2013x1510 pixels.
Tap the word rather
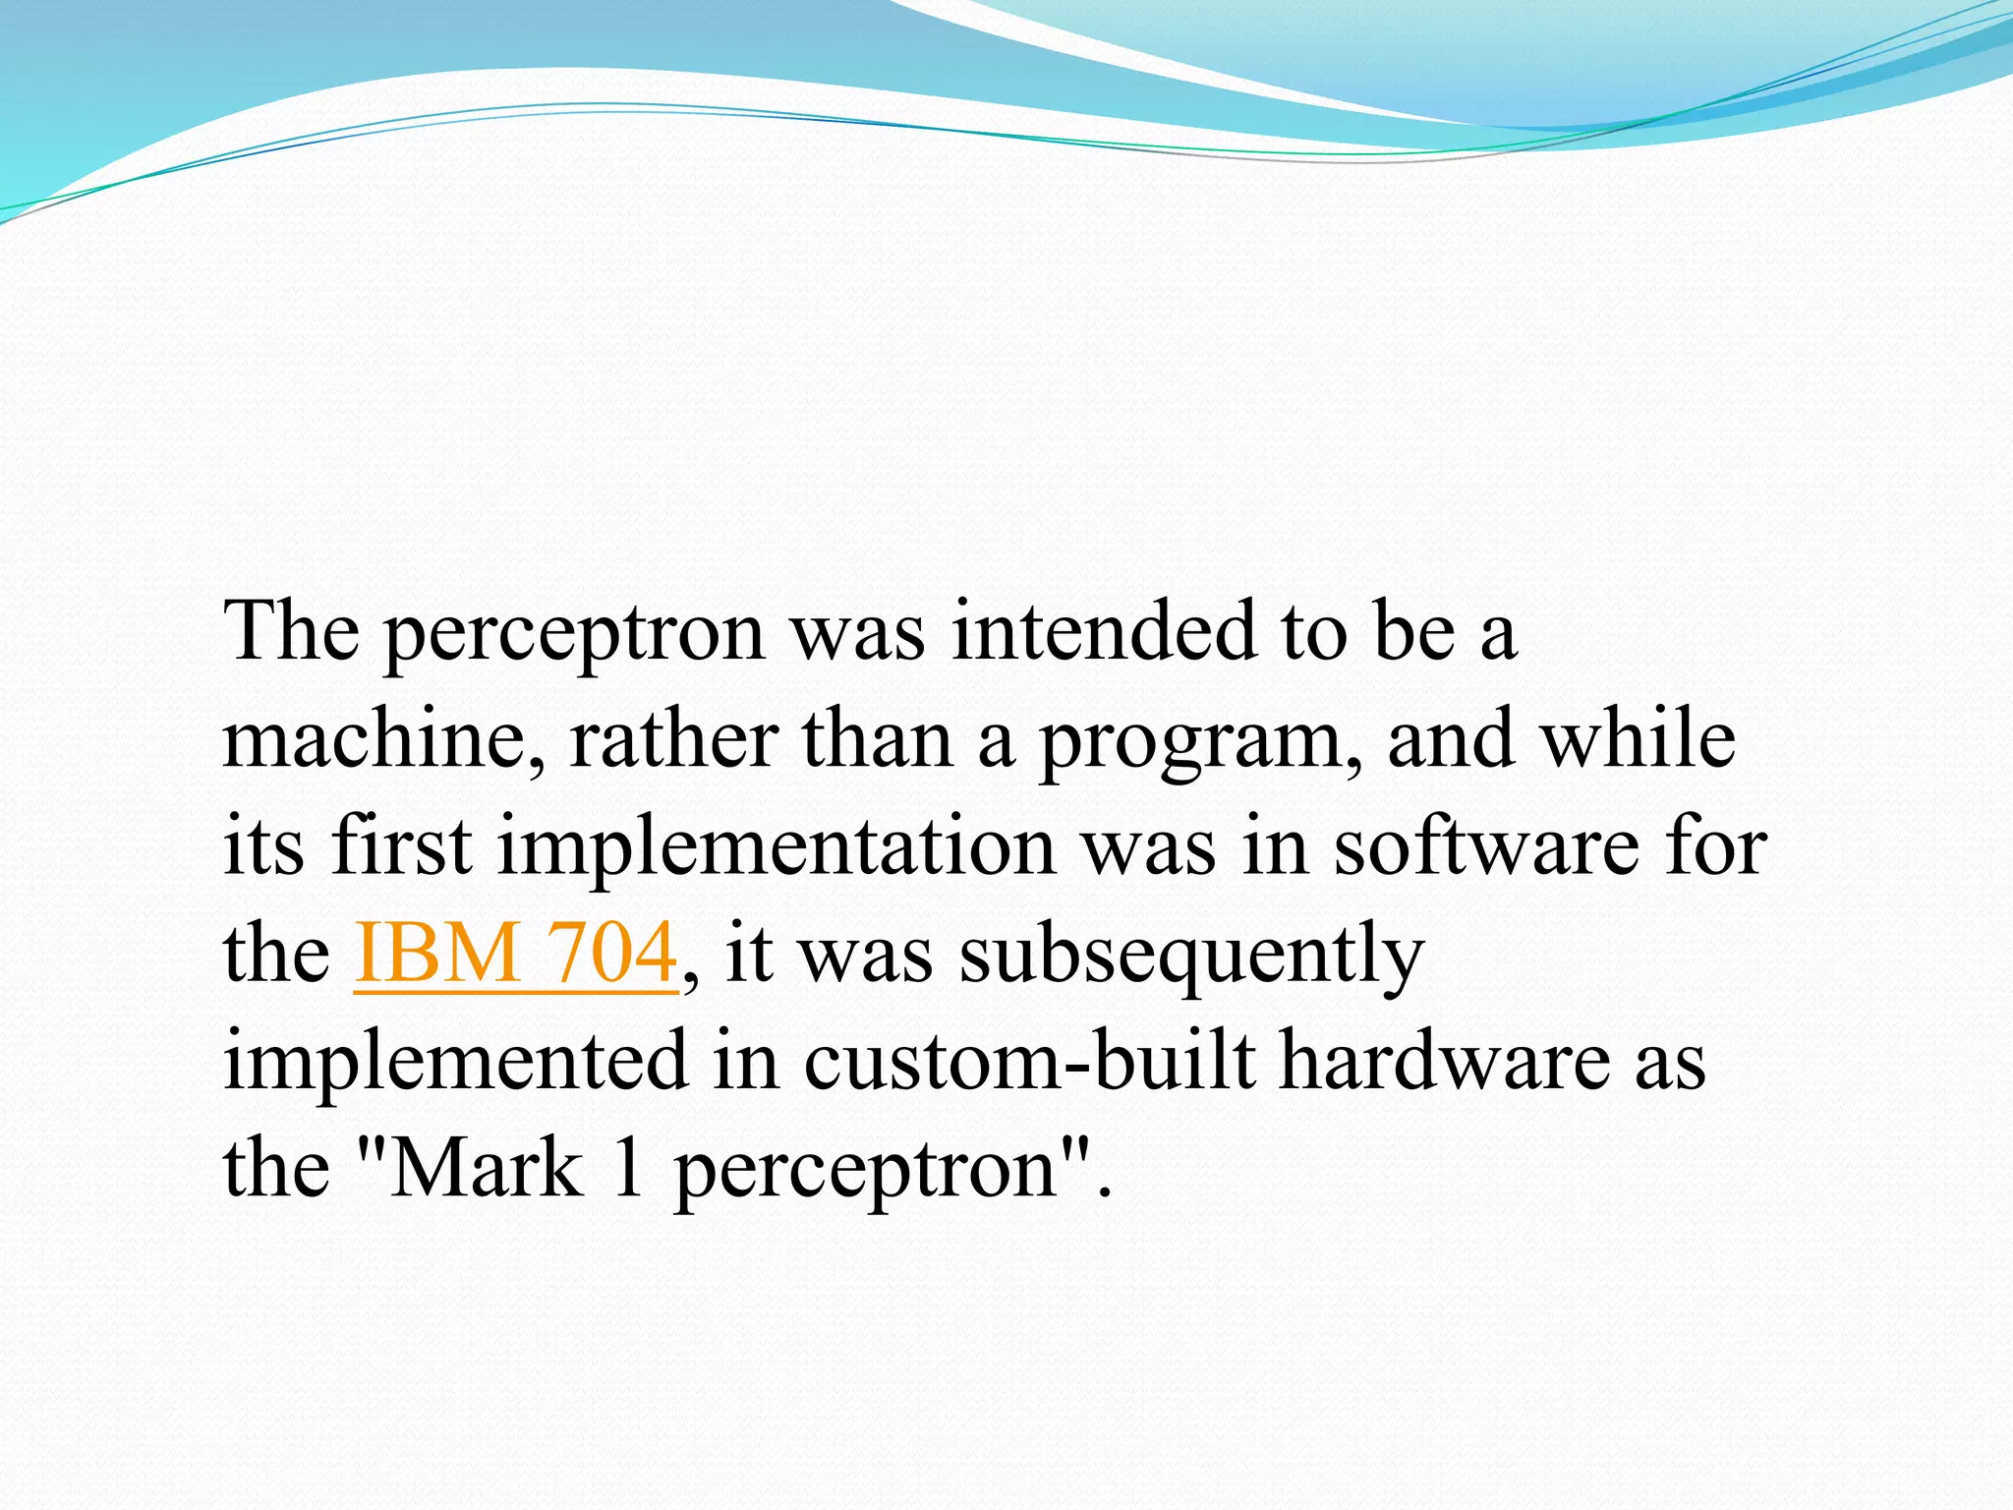pyautogui.click(x=674, y=739)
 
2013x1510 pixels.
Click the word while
pyautogui.click(x=1639, y=739)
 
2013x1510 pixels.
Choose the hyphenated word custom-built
pyautogui.click(x=1029, y=1062)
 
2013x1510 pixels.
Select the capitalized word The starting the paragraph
pyautogui.click(x=292, y=631)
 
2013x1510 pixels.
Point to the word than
pyautogui.click(x=877, y=739)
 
